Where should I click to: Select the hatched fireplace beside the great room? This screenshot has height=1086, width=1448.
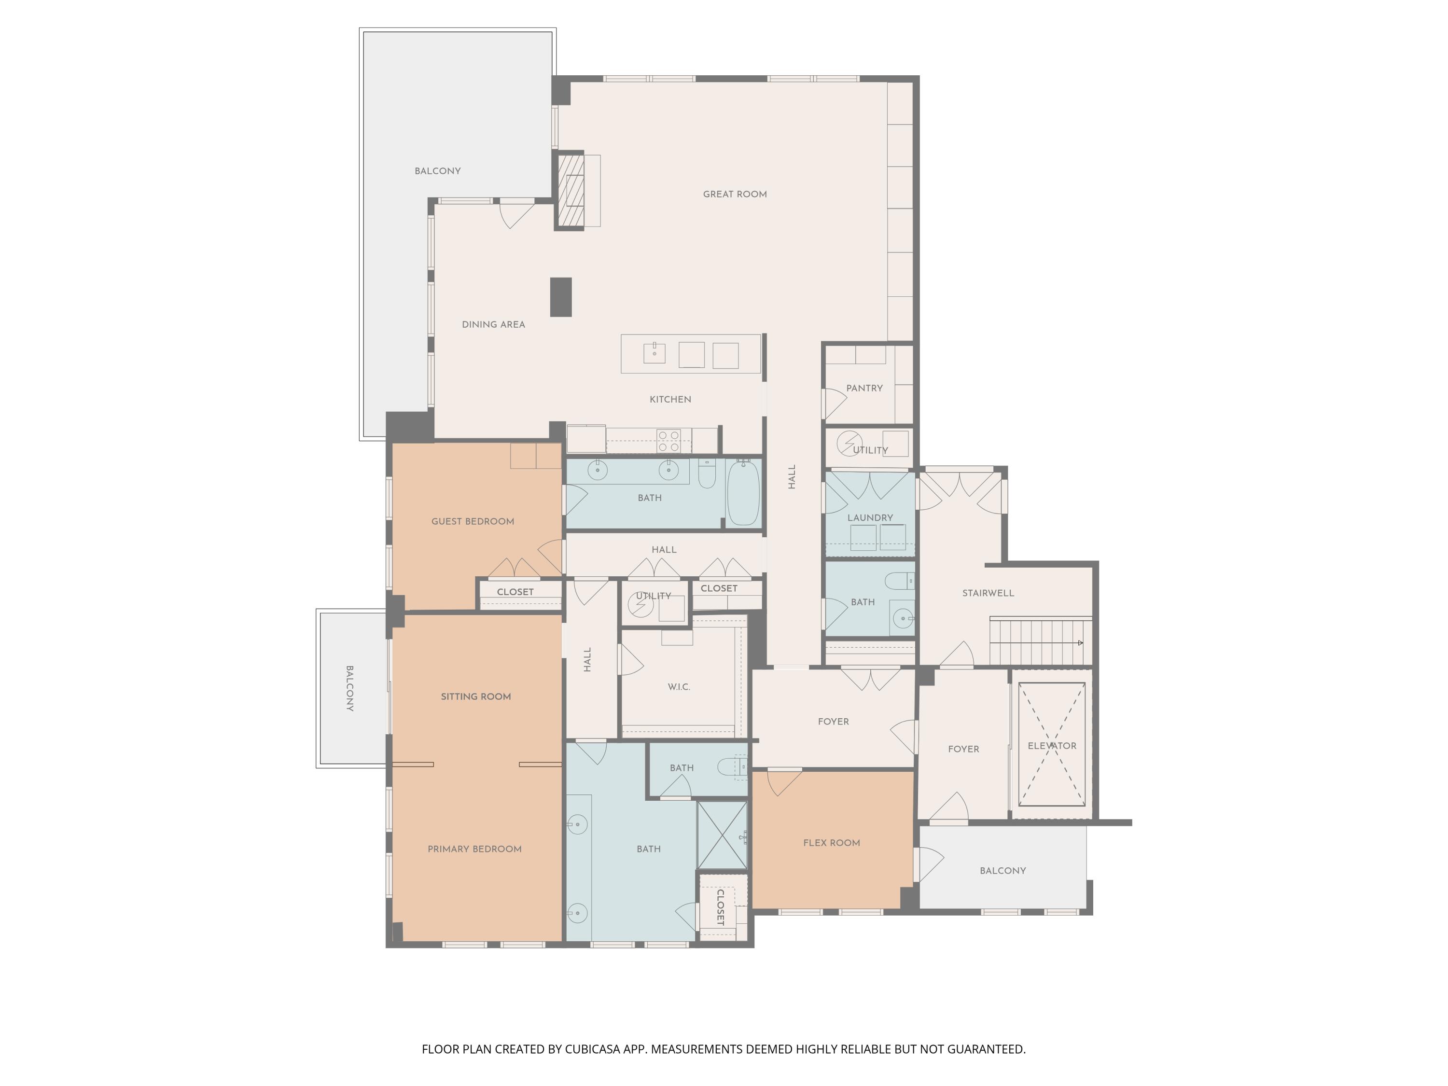570,191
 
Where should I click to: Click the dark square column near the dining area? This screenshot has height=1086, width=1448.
560,297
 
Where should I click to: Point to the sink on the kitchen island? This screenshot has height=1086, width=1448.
654,353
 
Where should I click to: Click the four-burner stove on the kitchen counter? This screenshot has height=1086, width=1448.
668,441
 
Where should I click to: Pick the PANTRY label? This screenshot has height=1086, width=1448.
864,388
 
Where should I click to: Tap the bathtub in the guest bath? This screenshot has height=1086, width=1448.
743,492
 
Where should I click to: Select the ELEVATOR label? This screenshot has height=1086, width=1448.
1051,746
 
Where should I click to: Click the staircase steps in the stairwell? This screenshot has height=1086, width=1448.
1038,642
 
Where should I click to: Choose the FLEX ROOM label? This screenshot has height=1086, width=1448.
831,842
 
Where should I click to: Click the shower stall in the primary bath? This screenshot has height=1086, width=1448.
722,834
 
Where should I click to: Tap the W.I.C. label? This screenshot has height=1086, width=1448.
679,687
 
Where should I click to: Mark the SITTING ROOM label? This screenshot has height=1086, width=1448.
475,696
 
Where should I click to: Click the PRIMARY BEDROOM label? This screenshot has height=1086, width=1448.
474,849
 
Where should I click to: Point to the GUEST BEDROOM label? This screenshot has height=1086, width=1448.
473,522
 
